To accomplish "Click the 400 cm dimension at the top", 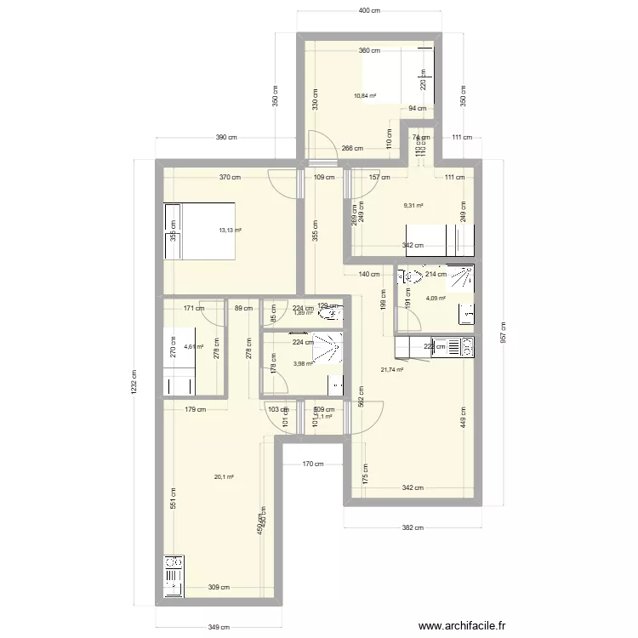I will pos(369,11).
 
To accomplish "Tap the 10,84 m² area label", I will pos(365,96).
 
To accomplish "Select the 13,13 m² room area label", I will pos(230,230).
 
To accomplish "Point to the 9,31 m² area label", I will pos(413,205).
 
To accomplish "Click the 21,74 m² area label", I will pos(391,369).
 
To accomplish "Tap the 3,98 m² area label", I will pos(303,363).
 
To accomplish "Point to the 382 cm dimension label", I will pos(413,528).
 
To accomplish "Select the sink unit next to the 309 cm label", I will pos(174,578).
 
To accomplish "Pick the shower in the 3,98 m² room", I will pos(328,350).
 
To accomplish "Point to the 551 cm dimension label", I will pos(173,498).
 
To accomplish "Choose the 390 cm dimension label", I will pos(226,138).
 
